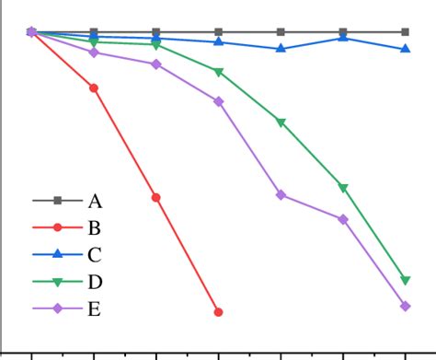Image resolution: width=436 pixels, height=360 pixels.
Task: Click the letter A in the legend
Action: point(95,201)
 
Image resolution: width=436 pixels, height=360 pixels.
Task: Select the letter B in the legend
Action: point(94,227)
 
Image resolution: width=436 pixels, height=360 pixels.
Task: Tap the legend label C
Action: point(94,255)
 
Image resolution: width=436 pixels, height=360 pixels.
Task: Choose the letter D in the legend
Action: point(95,282)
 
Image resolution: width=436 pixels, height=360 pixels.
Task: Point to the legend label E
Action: point(94,309)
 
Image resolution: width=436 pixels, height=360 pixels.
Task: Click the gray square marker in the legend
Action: point(57,201)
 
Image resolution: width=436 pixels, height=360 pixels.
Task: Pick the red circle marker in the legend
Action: point(57,227)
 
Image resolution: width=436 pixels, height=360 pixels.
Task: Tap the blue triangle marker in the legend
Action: point(57,254)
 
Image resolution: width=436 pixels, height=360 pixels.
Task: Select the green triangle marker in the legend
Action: point(57,282)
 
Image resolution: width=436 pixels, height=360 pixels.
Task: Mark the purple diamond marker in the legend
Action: point(57,309)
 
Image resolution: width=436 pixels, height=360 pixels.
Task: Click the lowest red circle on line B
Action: point(218,312)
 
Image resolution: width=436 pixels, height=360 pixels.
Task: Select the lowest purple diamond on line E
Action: point(406,306)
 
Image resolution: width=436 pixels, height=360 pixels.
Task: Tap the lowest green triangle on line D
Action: point(406,280)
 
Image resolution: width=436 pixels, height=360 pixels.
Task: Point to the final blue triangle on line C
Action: point(406,49)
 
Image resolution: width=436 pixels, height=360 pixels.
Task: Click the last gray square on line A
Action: point(406,32)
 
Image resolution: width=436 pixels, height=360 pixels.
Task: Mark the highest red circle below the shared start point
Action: point(94,87)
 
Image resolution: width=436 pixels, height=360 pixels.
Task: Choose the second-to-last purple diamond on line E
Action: point(343,219)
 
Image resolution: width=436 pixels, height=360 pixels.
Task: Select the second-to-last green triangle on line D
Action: point(343,188)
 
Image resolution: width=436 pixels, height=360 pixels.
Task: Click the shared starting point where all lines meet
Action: point(31,32)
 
